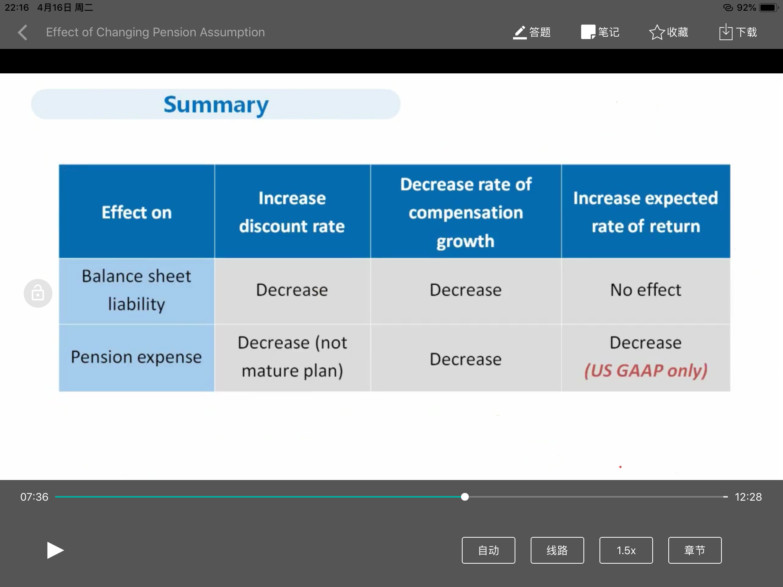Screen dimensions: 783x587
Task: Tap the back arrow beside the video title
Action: pyautogui.click(x=23, y=32)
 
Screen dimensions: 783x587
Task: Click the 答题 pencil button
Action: pyautogui.click(x=531, y=32)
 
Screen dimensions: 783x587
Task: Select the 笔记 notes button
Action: pyautogui.click(x=600, y=32)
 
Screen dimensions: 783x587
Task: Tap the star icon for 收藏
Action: pyautogui.click(x=657, y=32)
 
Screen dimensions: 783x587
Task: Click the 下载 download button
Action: pyautogui.click(x=738, y=32)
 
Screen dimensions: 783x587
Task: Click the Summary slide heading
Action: pyautogui.click(x=216, y=105)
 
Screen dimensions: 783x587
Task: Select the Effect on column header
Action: pyautogui.click(x=136, y=212)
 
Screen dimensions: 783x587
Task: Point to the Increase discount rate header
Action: pyautogui.click(x=292, y=212)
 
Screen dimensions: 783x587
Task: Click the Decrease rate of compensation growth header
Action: pyautogui.click(x=466, y=212)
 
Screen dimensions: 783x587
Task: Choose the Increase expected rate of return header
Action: pyautogui.click(x=646, y=212)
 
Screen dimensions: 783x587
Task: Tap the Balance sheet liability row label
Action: pyautogui.click(x=136, y=290)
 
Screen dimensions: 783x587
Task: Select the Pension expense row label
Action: pyautogui.click(x=136, y=357)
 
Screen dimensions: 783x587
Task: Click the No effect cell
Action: pyautogui.click(x=646, y=290)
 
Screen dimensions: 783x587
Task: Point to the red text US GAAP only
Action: pyautogui.click(x=646, y=371)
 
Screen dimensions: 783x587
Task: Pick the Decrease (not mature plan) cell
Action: pyautogui.click(x=292, y=357)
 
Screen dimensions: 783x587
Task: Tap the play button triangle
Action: pyautogui.click(x=55, y=550)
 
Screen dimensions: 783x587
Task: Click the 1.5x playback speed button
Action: pyautogui.click(x=626, y=550)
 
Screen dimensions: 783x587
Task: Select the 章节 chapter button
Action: pyautogui.click(x=695, y=550)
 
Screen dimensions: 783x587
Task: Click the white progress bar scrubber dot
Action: pyautogui.click(x=465, y=497)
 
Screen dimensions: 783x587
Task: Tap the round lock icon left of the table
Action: pyautogui.click(x=38, y=293)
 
